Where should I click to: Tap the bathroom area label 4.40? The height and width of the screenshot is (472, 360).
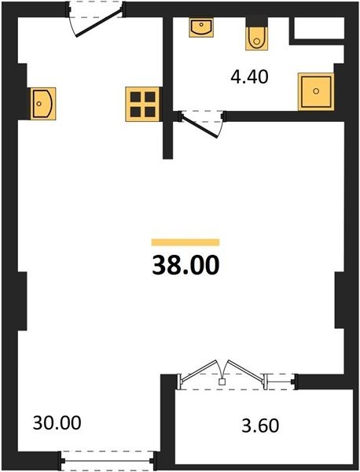pyautogui.click(x=249, y=77)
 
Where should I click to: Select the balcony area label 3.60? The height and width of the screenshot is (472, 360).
pyautogui.click(x=260, y=426)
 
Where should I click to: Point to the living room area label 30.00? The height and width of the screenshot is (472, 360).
pyautogui.click(x=57, y=422)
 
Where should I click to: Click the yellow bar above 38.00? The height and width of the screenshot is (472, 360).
pyautogui.click(x=186, y=242)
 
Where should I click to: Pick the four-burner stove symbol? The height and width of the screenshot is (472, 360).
pyautogui.click(x=142, y=104)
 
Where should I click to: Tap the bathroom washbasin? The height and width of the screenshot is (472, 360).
pyautogui.click(x=201, y=27)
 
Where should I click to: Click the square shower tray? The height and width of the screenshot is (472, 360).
pyautogui.click(x=316, y=91)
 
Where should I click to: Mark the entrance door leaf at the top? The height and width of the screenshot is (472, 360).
pyautogui.click(x=98, y=24)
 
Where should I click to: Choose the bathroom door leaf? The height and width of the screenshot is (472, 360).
pyautogui.click(x=200, y=127)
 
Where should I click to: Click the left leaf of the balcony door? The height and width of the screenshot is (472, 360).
pyautogui.click(x=199, y=370)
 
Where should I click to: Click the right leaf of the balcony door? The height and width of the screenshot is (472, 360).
pyautogui.click(x=246, y=370)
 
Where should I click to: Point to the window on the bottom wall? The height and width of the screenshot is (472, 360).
pyautogui.click(x=108, y=460)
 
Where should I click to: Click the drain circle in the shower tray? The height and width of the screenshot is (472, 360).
pyautogui.click(x=316, y=91)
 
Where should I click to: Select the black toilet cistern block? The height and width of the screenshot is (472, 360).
pyautogui.click(x=256, y=23)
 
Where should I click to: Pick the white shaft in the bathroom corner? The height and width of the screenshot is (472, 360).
pyautogui.click(x=319, y=28)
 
